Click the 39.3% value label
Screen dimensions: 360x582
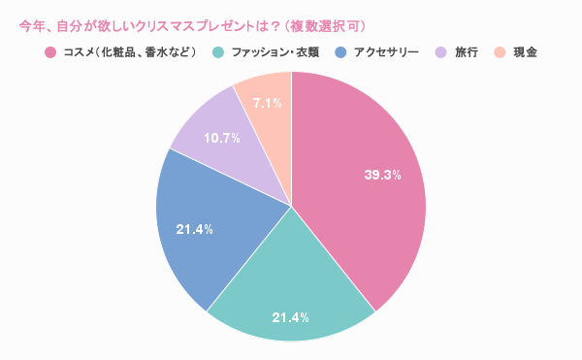[382, 176]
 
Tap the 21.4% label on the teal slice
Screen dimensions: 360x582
[290, 317]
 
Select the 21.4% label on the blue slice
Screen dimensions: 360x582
[194, 229]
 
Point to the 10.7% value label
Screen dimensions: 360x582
[222, 138]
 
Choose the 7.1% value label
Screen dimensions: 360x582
[267, 102]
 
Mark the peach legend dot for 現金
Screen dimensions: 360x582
[500, 51]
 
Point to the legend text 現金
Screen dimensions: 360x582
[526, 51]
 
